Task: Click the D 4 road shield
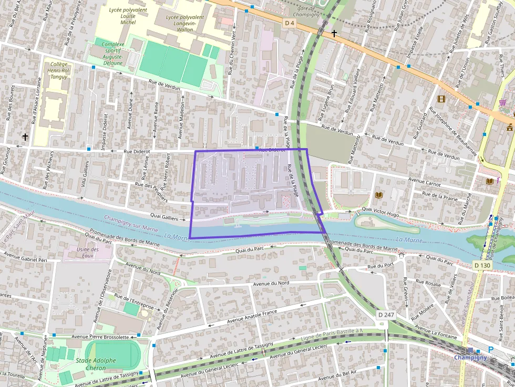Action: [290, 23]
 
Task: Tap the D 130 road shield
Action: [482, 265]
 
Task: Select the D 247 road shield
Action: [387, 315]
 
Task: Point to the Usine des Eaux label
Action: [87, 253]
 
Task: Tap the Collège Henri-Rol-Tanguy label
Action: [58, 70]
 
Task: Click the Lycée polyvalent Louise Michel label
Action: [121, 16]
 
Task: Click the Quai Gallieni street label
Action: [163, 218]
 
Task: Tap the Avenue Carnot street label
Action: [425, 184]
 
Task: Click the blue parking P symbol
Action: [491, 350]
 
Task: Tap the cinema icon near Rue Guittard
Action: [441, 99]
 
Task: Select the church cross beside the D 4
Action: [334, 34]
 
